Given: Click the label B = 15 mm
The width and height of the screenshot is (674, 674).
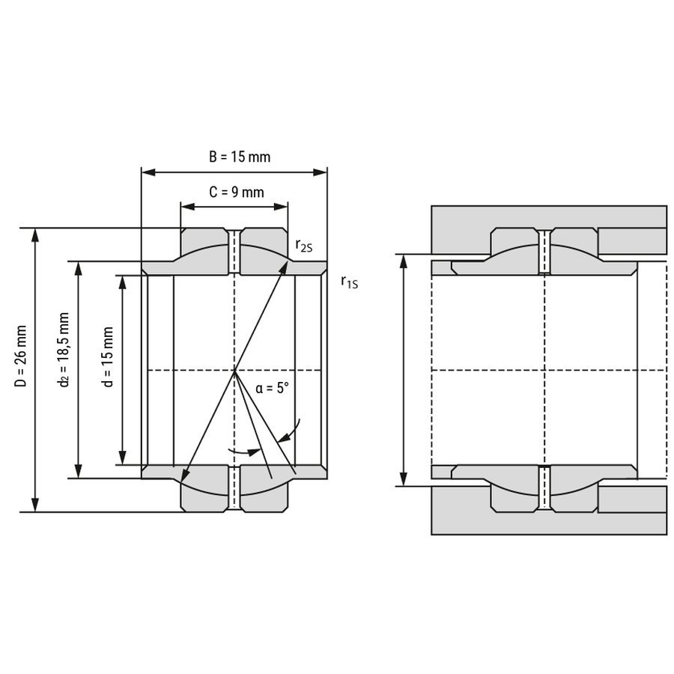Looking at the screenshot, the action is click(x=240, y=157).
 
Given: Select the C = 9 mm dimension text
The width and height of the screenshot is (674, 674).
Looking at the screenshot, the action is click(x=237, y=192).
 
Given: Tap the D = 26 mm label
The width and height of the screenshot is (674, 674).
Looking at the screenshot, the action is click(x=21, y=356).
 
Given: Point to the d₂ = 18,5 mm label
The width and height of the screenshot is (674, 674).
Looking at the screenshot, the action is click(x=63, y=350).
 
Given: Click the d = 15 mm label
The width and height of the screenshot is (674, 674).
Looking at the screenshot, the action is click(x=108, y=356).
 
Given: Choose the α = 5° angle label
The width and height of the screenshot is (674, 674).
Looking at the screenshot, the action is click(x=272, y=389).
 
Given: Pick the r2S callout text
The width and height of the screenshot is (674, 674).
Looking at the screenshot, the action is click(x=303, y=246).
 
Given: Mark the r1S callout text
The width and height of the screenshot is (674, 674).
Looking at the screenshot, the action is click(x=349, y=282).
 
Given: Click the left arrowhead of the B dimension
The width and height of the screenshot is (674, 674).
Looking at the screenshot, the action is click(x=148, y=172).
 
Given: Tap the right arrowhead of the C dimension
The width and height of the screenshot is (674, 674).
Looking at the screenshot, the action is click(x=281, y=207).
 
